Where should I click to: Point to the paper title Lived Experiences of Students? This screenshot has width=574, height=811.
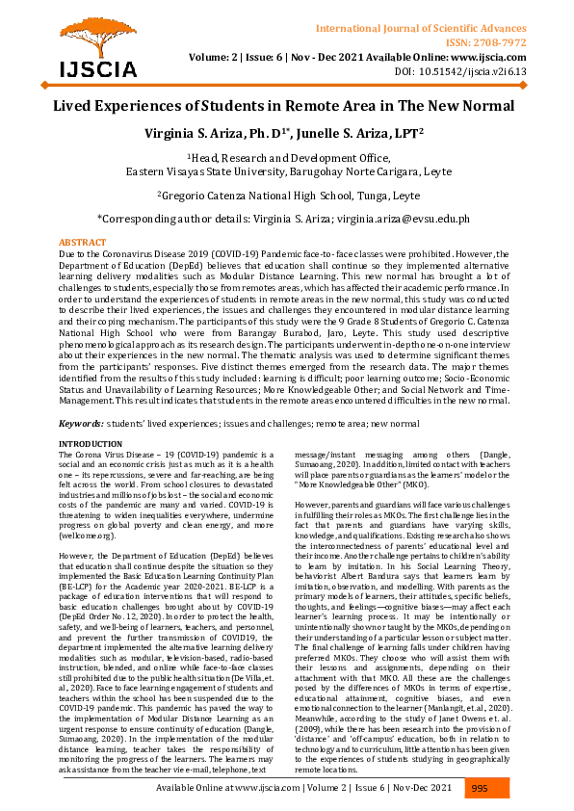click(x=286, y=106)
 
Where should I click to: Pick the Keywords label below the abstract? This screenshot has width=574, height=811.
click(x=81, y=423)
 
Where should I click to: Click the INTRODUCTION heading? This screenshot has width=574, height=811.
click(x=91, y=443)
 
